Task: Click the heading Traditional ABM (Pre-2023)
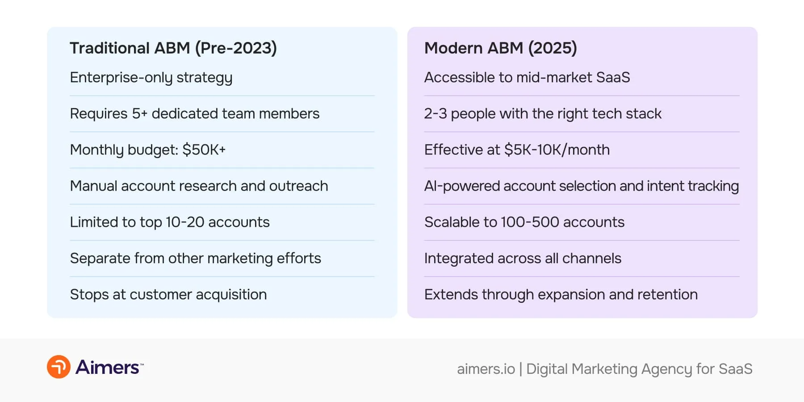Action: pyautogui.click(x=173, y=48)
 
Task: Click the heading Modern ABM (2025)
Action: pyautogui.click(x=500, y=48)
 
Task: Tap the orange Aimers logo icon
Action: pyautogui.click(x=59, y=367)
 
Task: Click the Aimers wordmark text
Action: pyautogui.click(x=108, y=367)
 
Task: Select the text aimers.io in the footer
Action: pyautogui.click(x=486, y=369)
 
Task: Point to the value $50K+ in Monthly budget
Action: pyautogui.click(x=204, y=150)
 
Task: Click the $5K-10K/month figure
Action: pyautogui.click(x=557, y=150)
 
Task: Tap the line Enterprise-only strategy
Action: pyautogui.click(x=151, y=78)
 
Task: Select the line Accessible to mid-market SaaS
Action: pyautogui.click(x=527, y=78)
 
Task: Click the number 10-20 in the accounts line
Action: pyautogui.click(x=184, y=222)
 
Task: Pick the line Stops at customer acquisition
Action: pyautogui.click(x=168, y=294)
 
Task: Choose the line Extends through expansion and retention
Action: pyautogui.click(x=561, y=294)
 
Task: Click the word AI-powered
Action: pyautogui.click(x=461, y=186)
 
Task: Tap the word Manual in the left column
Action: pyautogui.click(x=93, y=186)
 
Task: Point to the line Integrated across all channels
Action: pyautogui.click(x=523, y=258)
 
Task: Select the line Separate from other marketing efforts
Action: pyautogui.click(x=195, y=258)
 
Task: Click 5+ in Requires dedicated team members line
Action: pyautogui.click(x=139, y=113)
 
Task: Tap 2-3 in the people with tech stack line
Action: pyautogui.click(x=435, y=113)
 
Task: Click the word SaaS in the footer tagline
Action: pyautogui.click(x=735, y=369)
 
